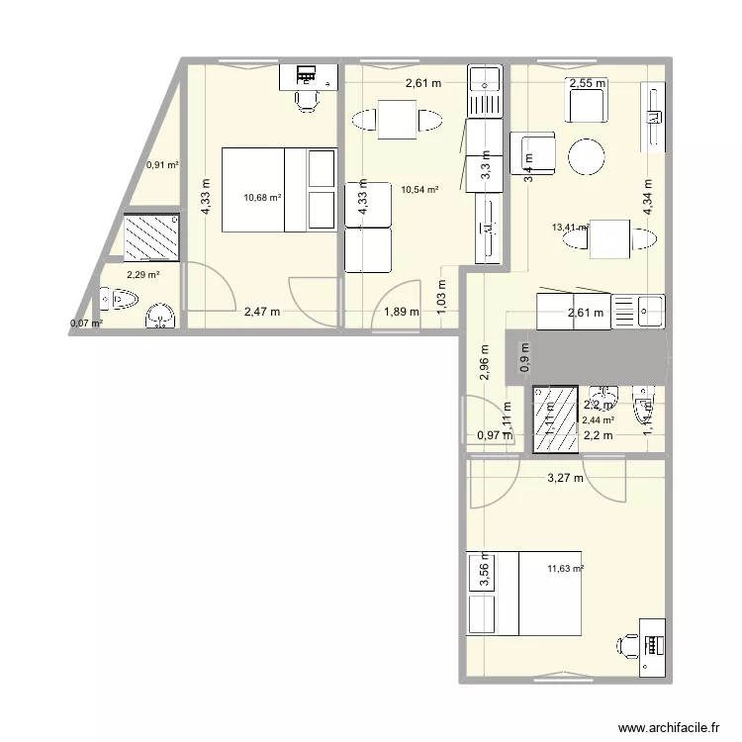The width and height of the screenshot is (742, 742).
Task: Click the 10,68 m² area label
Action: (x=262, y=197)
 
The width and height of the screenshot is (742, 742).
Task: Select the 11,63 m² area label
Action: (x=565, y=569)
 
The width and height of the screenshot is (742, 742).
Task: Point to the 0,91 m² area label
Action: (x=162, y=165)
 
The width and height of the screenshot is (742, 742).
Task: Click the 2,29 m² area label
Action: (x=142, y=276)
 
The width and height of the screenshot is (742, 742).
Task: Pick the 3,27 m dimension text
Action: (x=565, y=479)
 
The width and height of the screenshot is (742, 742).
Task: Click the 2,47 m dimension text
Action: (x=261, y=313)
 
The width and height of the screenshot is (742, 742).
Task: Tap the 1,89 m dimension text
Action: (x=401, y=313)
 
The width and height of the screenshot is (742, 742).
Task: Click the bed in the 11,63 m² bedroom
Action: (x=524, y=593)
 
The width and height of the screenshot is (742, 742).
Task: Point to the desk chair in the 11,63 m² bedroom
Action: (x=627, y=646)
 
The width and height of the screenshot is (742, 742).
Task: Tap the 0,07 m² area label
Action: (x=85, y=323)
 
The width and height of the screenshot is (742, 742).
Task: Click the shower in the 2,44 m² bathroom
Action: (x=555, y=418)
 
